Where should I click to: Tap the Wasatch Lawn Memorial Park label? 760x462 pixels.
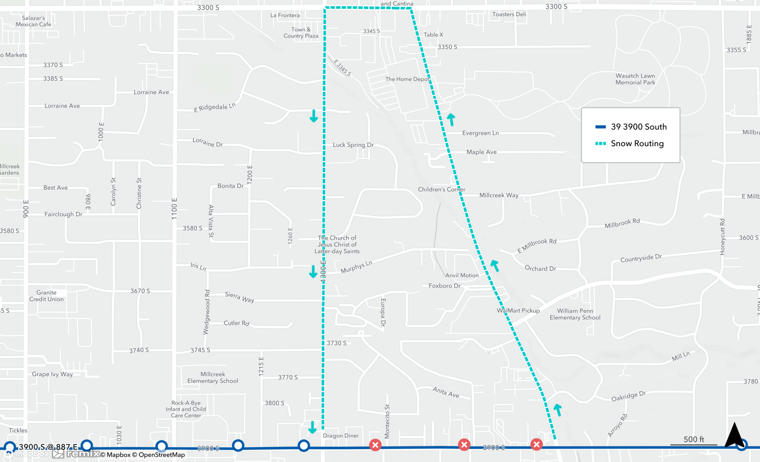(x=635, y=79)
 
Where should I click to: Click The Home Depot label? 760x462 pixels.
(x=407, y=79)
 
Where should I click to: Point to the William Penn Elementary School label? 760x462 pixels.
(x=575, y=314)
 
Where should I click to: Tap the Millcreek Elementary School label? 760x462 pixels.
(x=213, y=377)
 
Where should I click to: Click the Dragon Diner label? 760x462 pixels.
(x=341, y=435)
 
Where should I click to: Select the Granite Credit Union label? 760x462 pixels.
(x=46, y=296)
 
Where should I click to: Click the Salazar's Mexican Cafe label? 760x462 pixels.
(x=33, y=21)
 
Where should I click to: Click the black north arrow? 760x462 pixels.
(x=734, y=435)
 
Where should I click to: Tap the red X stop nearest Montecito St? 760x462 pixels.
(x=375, y=445)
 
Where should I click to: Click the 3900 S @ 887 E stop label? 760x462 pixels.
(x=48, y=446)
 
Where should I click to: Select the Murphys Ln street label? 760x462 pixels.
(x=356, y=267)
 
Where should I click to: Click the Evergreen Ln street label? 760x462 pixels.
(x=480, y=133)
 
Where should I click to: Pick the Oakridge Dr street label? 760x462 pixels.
(x=629, y=396)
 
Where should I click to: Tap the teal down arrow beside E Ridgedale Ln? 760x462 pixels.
(x=313, y=115)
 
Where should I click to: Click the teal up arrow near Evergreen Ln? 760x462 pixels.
(x=451, y=120)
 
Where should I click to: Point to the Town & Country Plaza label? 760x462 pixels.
(x=301, y=33)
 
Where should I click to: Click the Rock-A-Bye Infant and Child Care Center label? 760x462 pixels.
(x=186, y=409)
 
